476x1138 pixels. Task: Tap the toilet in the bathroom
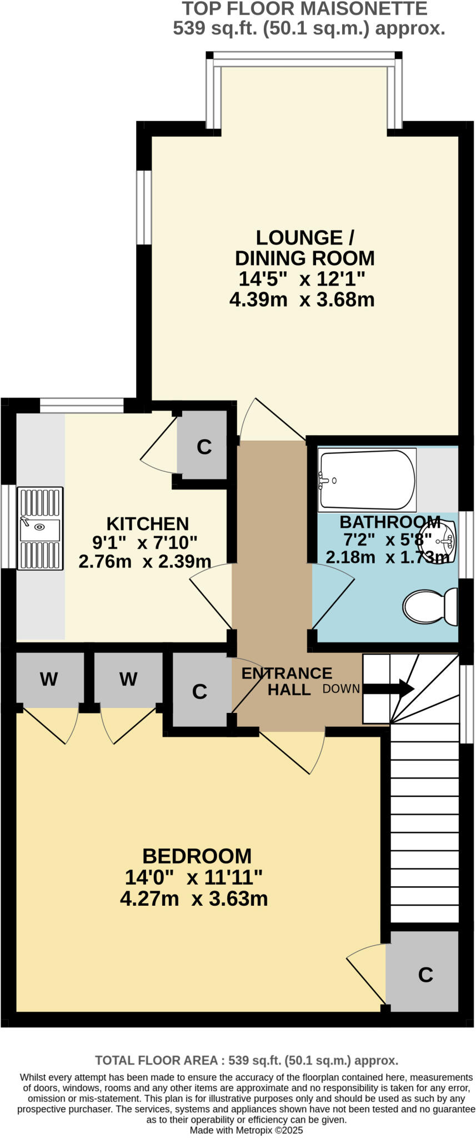click(x=429, y=606)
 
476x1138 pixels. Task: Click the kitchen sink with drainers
click(x=40, y=528)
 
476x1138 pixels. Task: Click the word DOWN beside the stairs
click(x=341, y=689)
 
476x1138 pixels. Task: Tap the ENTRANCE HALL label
click(x=287, y=681)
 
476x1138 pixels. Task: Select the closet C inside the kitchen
click(x=204, y=447)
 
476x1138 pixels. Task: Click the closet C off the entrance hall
click(x=199, y=691)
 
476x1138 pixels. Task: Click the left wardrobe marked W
click(x=49, y=678)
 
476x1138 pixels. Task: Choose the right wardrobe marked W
click(x=128, y=678)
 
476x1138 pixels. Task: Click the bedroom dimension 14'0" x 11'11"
click(x=193, y=878)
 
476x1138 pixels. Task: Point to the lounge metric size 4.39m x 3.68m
click(x=302, y=300)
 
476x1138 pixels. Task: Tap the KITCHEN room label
click(x=148, y=523)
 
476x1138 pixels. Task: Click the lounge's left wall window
click(x=144, y=207)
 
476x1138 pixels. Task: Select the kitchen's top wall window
click(x=82, y=406)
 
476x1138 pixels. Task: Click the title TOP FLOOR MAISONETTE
click(x=305, y=9)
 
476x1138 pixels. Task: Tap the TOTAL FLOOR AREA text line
click(x=247, y=1060)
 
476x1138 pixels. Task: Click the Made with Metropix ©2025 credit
click(x=247, y=1130)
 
